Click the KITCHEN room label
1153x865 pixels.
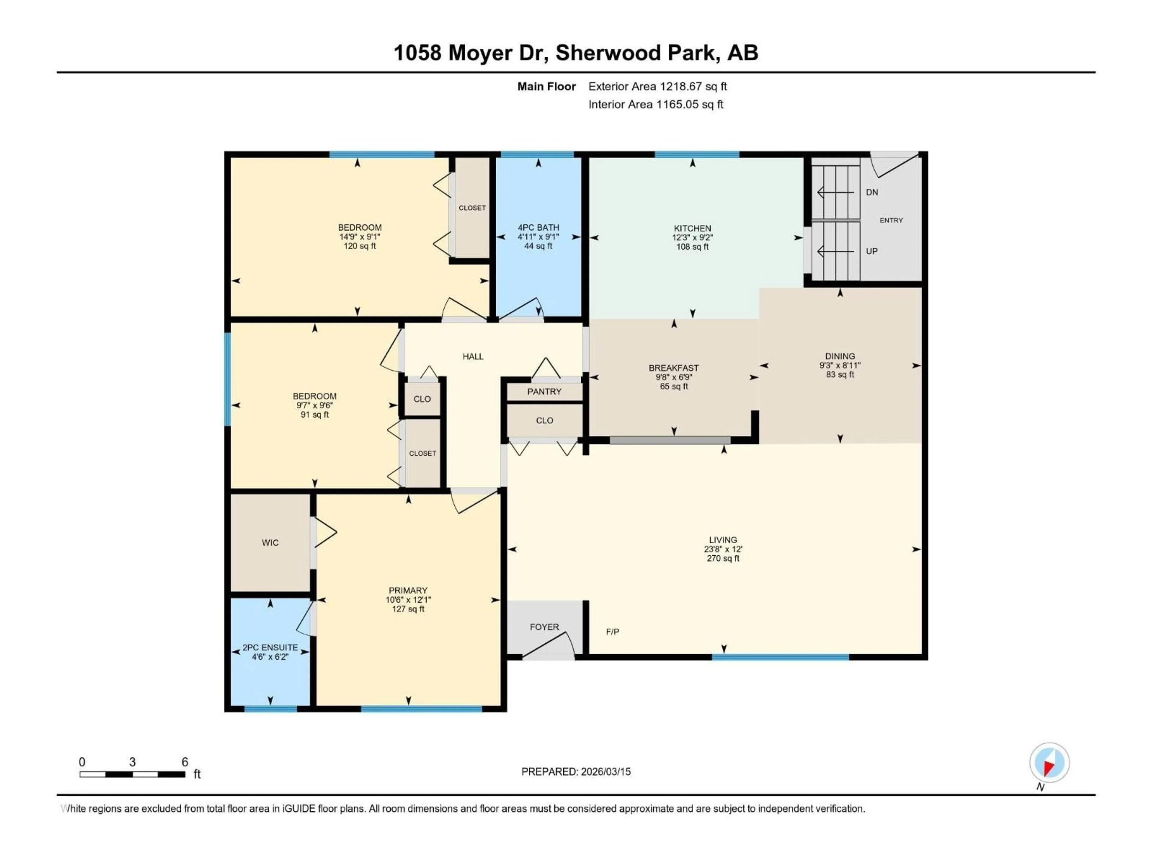692,228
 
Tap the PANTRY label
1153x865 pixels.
544,392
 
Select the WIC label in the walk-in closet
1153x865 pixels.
270,543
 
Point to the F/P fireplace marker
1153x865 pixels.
613,632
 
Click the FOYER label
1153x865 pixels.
544,627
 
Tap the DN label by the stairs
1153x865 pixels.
872,193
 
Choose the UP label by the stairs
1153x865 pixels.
872,251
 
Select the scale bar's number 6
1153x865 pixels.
185,762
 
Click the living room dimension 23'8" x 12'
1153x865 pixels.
723,549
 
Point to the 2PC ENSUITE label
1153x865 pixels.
270,648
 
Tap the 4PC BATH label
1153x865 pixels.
538,227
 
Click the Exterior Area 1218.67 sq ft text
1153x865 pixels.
657,86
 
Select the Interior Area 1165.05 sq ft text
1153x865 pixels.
656,104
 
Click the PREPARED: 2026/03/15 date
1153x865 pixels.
576,772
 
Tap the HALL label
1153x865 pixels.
473,357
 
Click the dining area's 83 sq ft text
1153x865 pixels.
840,374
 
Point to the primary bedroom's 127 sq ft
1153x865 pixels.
408,609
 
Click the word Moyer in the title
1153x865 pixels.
480,53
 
